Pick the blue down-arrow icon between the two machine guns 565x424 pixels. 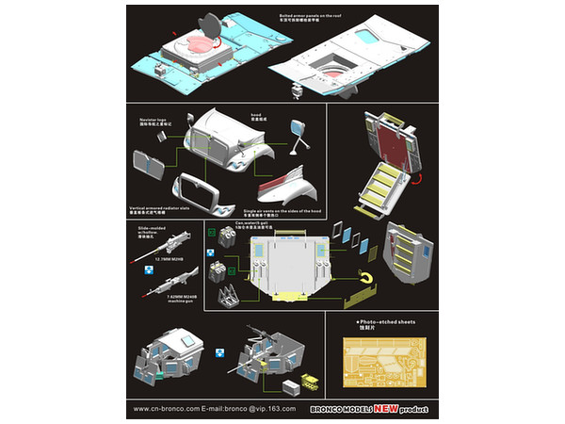148,269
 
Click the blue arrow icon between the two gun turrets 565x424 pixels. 218,353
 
